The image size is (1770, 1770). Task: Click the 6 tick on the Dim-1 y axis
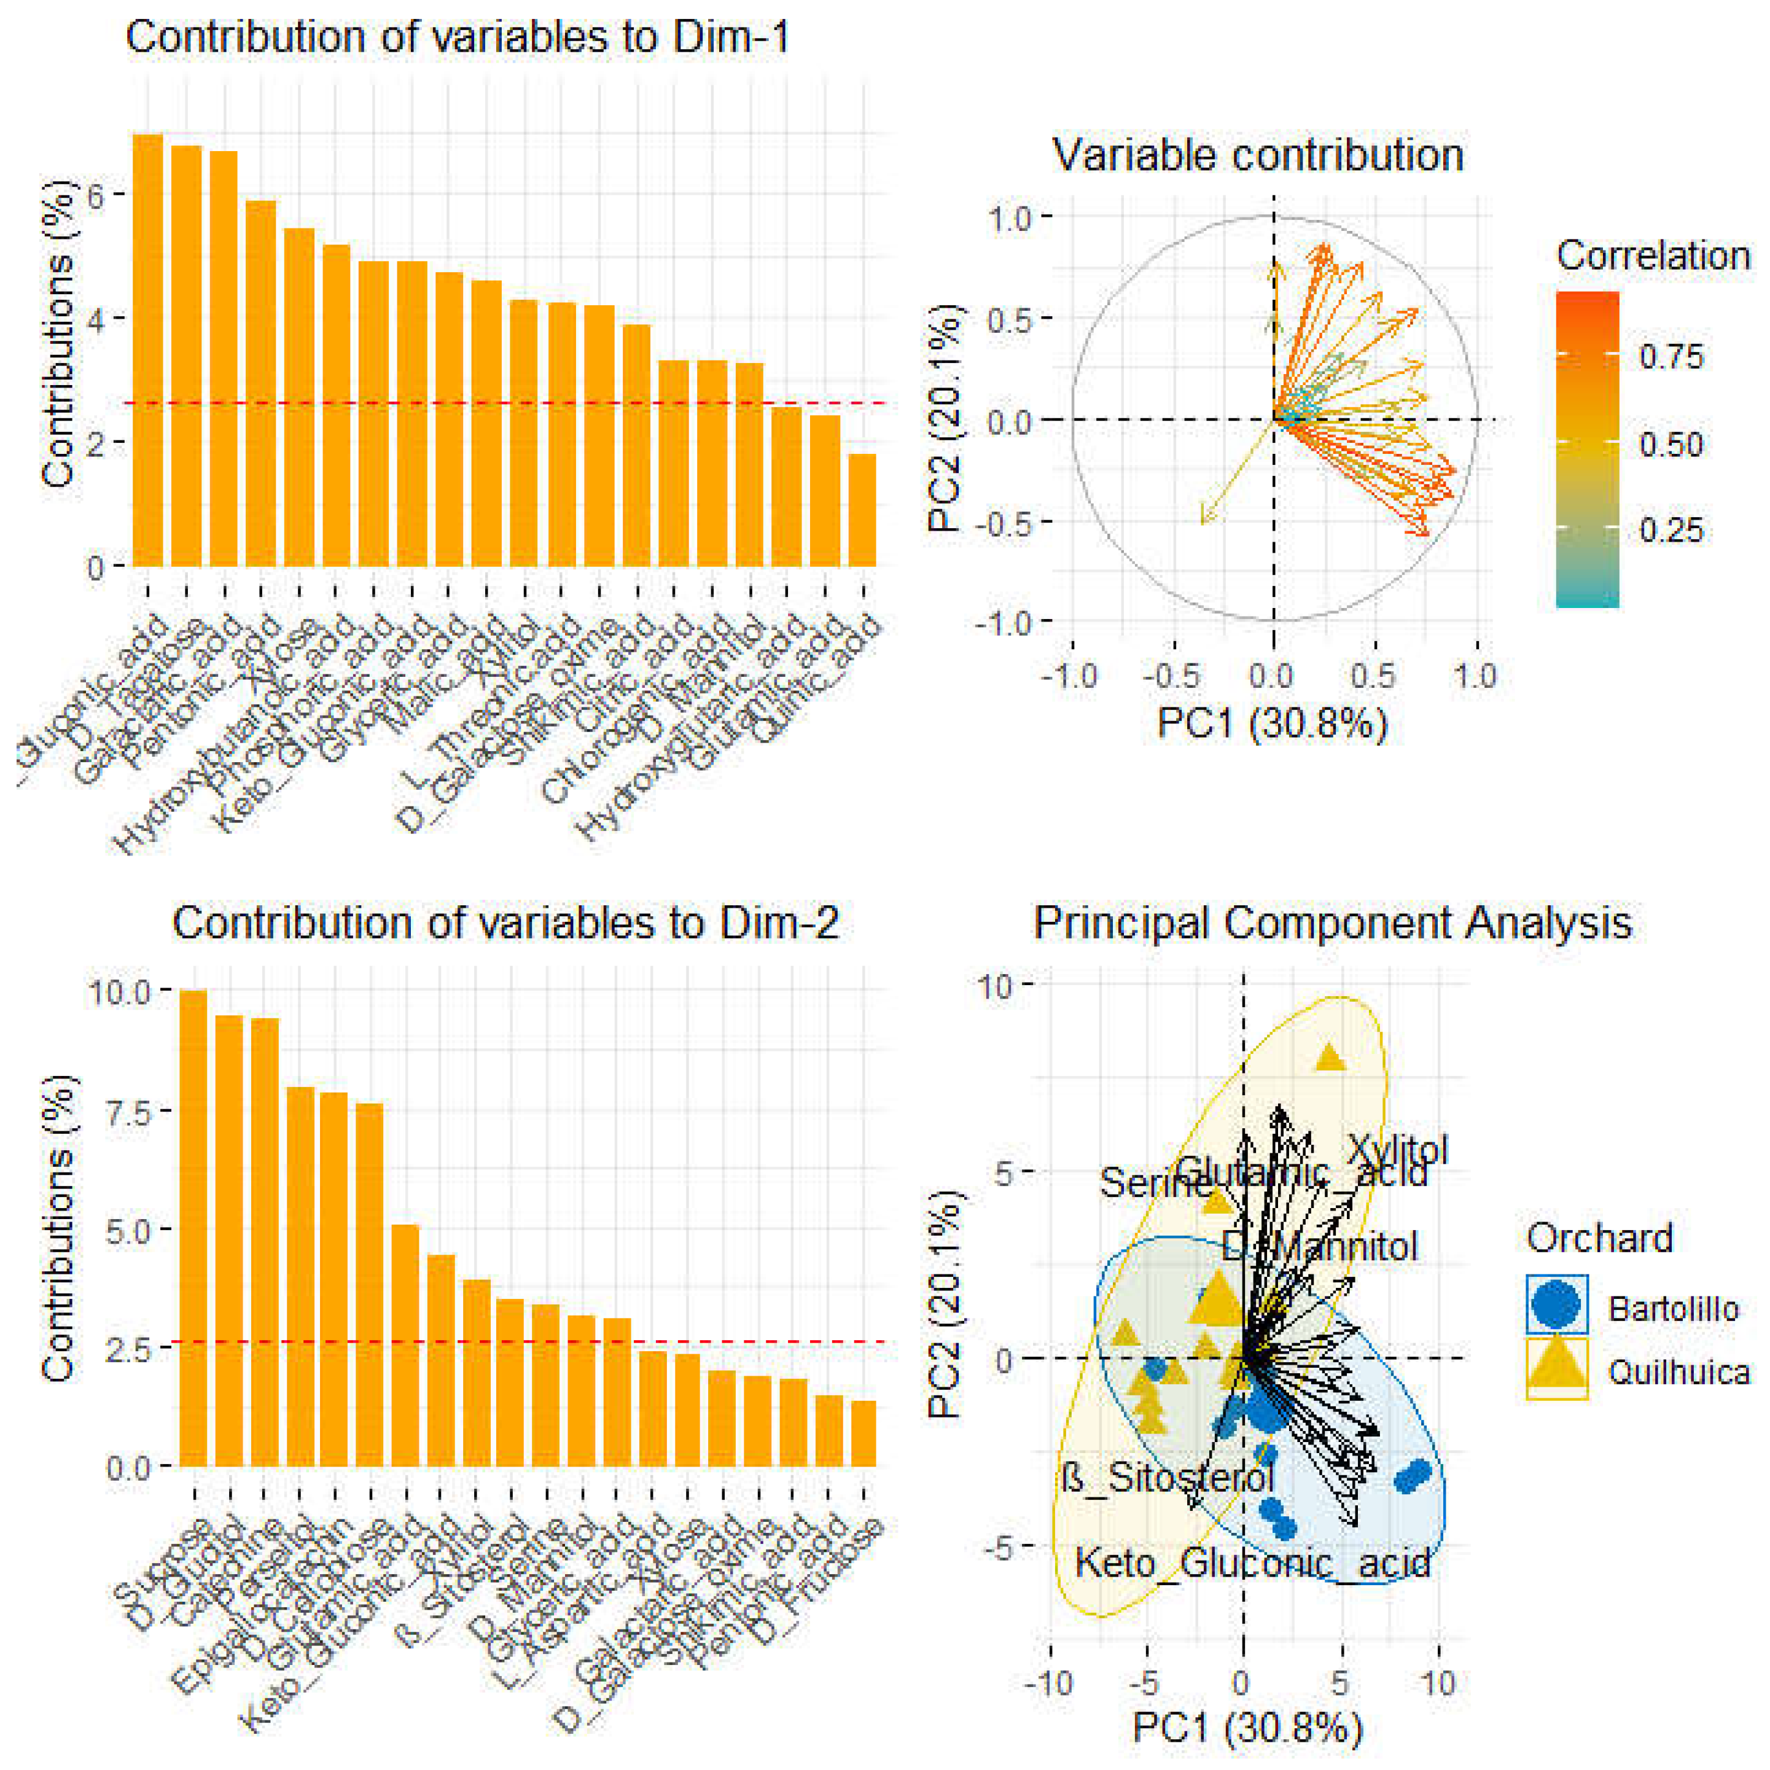click(x=95, y=195)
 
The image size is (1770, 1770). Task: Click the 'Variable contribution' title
click(x=1257, y=155)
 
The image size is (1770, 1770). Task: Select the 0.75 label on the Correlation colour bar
click(x=1671, y=356)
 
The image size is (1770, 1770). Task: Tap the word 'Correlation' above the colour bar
click(x=1653, y=255)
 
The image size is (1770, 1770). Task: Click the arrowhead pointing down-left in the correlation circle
click(x=1204, y=521)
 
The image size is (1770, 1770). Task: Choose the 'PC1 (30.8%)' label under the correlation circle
click(x=1272, y=723)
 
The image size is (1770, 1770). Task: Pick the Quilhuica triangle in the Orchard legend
click(x=1556, y=1371)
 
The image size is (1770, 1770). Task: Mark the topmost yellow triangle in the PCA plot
click(x=1330, y=1059)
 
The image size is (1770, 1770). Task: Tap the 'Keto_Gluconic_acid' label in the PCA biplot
click(x=1252, y=1563)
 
